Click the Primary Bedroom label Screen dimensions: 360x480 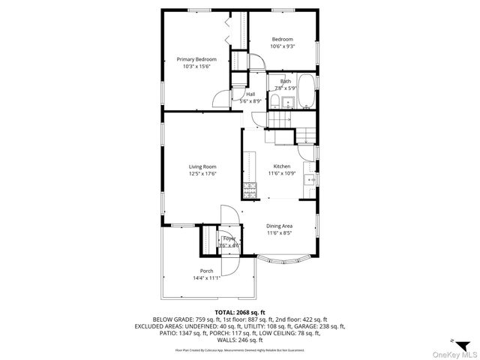click(x=196, y=59)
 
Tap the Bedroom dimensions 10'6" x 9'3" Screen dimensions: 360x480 click(x=283, y=46)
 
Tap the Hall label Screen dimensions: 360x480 click(x=250, y=94)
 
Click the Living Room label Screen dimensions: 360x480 click(x=202, y=166)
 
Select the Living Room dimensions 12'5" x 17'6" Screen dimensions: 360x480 click(x=202, y=173)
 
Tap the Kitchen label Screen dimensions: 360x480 click(x=282, y=166)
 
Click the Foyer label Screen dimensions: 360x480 click(x=229, y=238)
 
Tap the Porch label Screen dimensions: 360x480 click(x=206, y=271)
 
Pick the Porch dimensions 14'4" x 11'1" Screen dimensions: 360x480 click(x=206, y=277)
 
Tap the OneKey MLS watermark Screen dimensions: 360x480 click(x=450, y=354)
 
